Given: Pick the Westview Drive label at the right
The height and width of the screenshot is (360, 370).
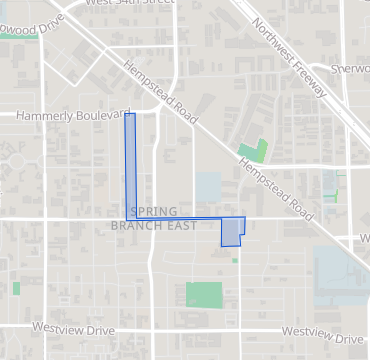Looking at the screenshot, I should [322, 331].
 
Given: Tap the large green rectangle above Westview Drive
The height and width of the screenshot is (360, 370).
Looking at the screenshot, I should [204, 295].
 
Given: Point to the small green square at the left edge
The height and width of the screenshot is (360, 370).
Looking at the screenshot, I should [16, 288].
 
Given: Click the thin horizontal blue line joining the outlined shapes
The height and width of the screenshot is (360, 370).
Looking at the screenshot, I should [180, 217].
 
